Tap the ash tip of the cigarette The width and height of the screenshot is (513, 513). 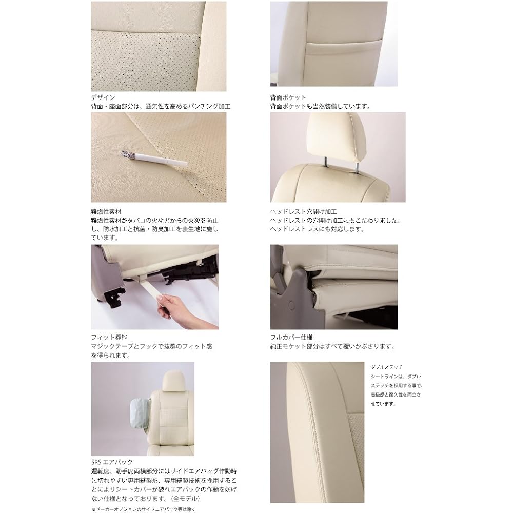(125, 153)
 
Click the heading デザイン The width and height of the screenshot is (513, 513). (103, 97)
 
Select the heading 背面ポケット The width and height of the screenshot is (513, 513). (288, 97)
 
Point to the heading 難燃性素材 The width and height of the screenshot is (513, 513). (106, 210)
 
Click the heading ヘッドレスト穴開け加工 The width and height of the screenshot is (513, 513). (303, 210)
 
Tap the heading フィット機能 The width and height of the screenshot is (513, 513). (106, 337)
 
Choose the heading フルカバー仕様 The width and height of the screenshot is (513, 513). (291, 337)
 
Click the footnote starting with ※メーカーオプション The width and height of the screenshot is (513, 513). (144, 508)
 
